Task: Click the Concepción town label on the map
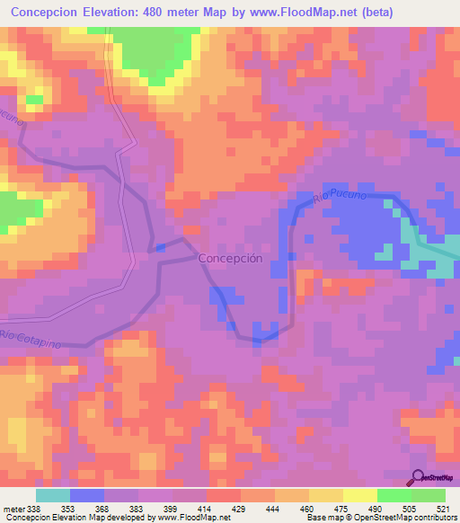tap(229, 257)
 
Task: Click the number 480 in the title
tap(176, 12)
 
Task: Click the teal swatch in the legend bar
tap(53, 495)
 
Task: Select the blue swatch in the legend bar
tap(87, 495)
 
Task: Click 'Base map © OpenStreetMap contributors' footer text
tap(379, 518)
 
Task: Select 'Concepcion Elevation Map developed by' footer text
tap(64, 518)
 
